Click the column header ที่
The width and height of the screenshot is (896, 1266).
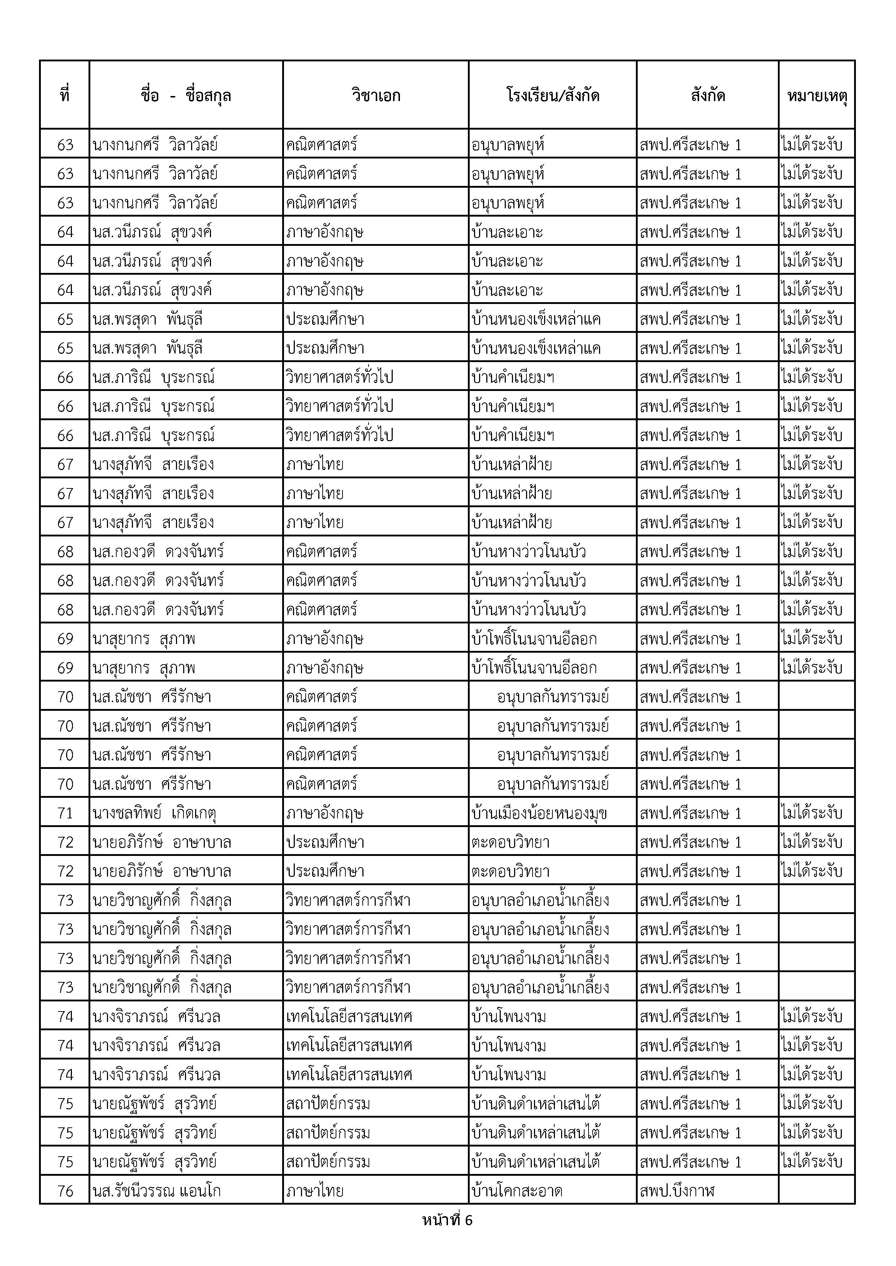(65, 95)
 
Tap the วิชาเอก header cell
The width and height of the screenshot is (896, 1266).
(376, 95)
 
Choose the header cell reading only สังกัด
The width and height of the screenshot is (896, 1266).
(707, 95)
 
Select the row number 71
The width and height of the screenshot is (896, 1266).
(65, 813)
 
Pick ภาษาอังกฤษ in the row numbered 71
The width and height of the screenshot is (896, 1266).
(324, 813)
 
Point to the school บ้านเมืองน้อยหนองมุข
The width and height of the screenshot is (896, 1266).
(539, 813)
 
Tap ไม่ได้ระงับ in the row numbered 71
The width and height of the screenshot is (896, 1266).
(811, 812)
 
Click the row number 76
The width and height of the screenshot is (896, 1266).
(65, 1191)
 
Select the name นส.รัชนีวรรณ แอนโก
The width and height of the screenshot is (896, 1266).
(157, 1191)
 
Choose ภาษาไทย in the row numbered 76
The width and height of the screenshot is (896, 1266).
(314, 1191)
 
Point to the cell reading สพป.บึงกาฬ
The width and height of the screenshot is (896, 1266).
(677, 1191)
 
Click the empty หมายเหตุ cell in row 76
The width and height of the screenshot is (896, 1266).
(817, 1191)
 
